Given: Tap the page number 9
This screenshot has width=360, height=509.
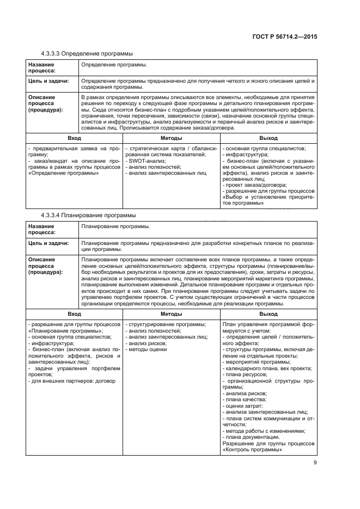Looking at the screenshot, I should [315, 463].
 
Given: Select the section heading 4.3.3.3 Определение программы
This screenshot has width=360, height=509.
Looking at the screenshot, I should [87, 53].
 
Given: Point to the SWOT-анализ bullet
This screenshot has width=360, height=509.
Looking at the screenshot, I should [145, 161].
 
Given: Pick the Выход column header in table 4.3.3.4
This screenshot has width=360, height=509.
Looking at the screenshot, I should [269, 315].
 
